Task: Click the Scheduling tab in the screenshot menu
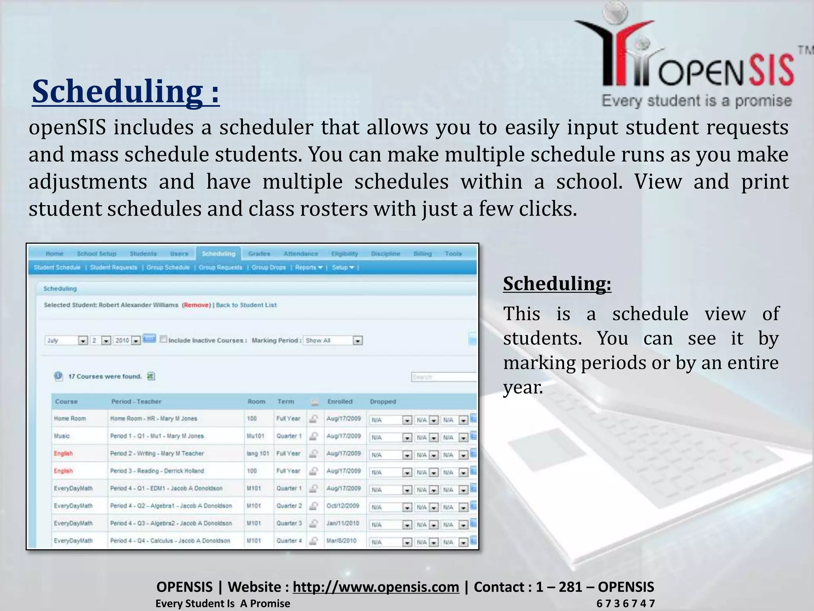pyautogui.click(x=218, y=253)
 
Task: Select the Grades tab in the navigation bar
pyautogui.click(x=259, y=253)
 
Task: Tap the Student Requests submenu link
pyautogui.click(x=113, y=267)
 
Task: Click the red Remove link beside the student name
pyautogui.click(x=196, y=305)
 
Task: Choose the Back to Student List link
pyautogui.click(x=246, y=305)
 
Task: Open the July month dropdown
pyautogui.click(x=82, y=341)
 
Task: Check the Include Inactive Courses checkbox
pyautogui.click(x=163, y=339)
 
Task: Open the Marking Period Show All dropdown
pyautogui.click(x=357, y=341)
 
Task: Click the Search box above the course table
pyautogui.click(x=443, y=377)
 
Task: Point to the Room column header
pyautogui.click(x=256, y=401)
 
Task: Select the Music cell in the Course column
pyautogui.click(x=62, y=436)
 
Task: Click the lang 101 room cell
pyautogui.click(x=258, y=453)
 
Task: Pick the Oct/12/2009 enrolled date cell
pyautogui.click(x=343, y=506)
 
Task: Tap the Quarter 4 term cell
pyautogui.click(x=289, y=541)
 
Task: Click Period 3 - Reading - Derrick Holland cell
pyautogui.click(x=157, y=471)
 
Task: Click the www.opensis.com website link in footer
pyautogui.click(x=376, y=587)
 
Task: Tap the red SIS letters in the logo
pyautogui.click(x=771, y=72)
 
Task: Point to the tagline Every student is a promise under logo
pyautogui.click(x=696, y=101)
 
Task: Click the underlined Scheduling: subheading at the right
pyautogui.click(x=557, y=284)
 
